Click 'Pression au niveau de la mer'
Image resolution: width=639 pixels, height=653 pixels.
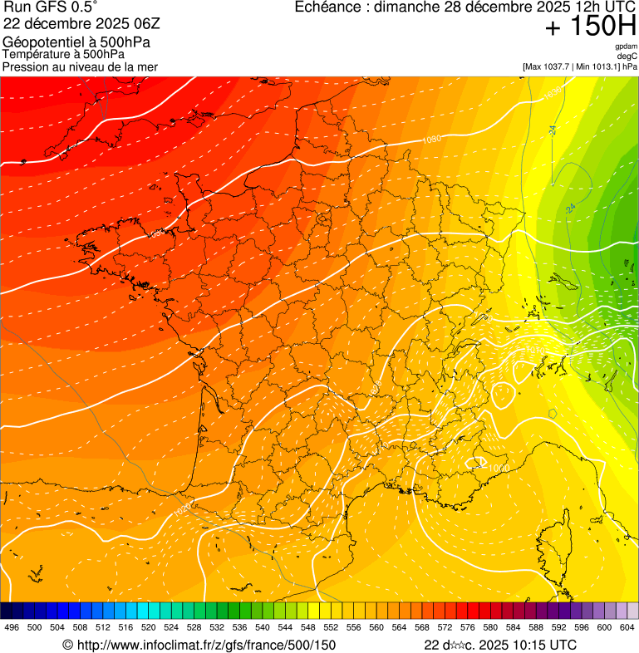[80, 66]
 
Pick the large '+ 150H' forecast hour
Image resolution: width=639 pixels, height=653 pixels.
[591, 27]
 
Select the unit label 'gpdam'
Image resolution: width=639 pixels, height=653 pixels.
[626, 47]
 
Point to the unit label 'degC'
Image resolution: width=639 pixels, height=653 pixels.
[627, 56]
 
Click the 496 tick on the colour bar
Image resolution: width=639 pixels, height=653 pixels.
[12, 626]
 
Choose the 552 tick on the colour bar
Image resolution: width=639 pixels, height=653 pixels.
[331, 626]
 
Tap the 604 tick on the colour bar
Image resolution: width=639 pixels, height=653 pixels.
[627, 626]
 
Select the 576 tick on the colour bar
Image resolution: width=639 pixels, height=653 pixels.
[468, 626]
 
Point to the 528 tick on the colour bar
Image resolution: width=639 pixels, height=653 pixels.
[194, 626]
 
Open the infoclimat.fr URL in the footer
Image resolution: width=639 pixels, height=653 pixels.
[199, 645]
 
